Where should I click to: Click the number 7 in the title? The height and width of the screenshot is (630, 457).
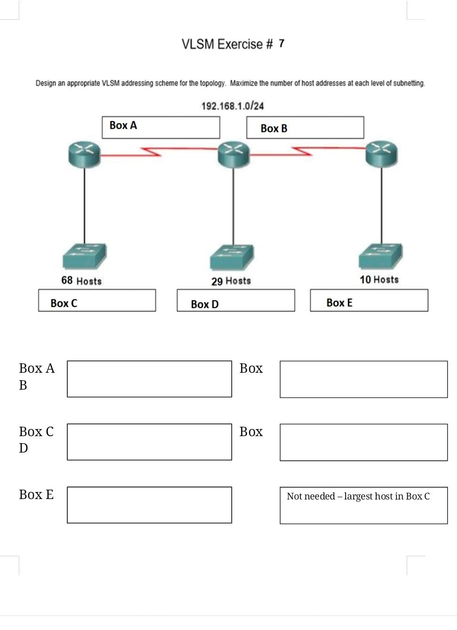281,44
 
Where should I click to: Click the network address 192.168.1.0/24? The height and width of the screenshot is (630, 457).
232,106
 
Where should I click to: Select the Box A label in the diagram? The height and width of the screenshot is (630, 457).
123,125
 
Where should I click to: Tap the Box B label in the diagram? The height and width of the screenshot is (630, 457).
274,129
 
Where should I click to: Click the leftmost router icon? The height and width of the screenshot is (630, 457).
85,154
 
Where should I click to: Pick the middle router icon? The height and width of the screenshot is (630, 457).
234,154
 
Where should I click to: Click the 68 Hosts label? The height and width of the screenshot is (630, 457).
81,281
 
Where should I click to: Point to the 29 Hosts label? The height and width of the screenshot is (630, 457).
231,281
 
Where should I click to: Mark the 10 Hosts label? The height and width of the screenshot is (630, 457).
379,280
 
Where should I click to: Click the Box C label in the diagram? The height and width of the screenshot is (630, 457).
64,304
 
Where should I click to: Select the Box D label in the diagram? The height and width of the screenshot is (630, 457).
205,305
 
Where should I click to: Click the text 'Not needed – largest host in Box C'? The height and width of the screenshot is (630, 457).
358,497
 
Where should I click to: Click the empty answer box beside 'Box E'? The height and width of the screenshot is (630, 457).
149,505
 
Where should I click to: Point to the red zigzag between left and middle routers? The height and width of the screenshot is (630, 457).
151,152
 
